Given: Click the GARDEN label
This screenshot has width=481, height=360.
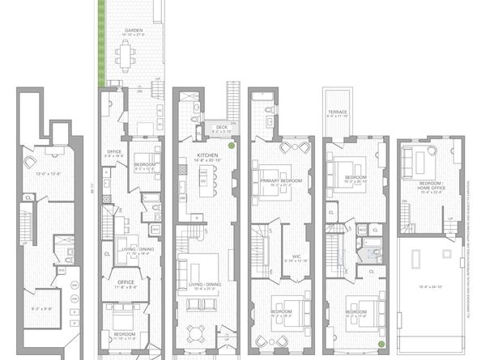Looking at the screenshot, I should tap(128, 30).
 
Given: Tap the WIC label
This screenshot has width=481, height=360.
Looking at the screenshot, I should tap(296, 257).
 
